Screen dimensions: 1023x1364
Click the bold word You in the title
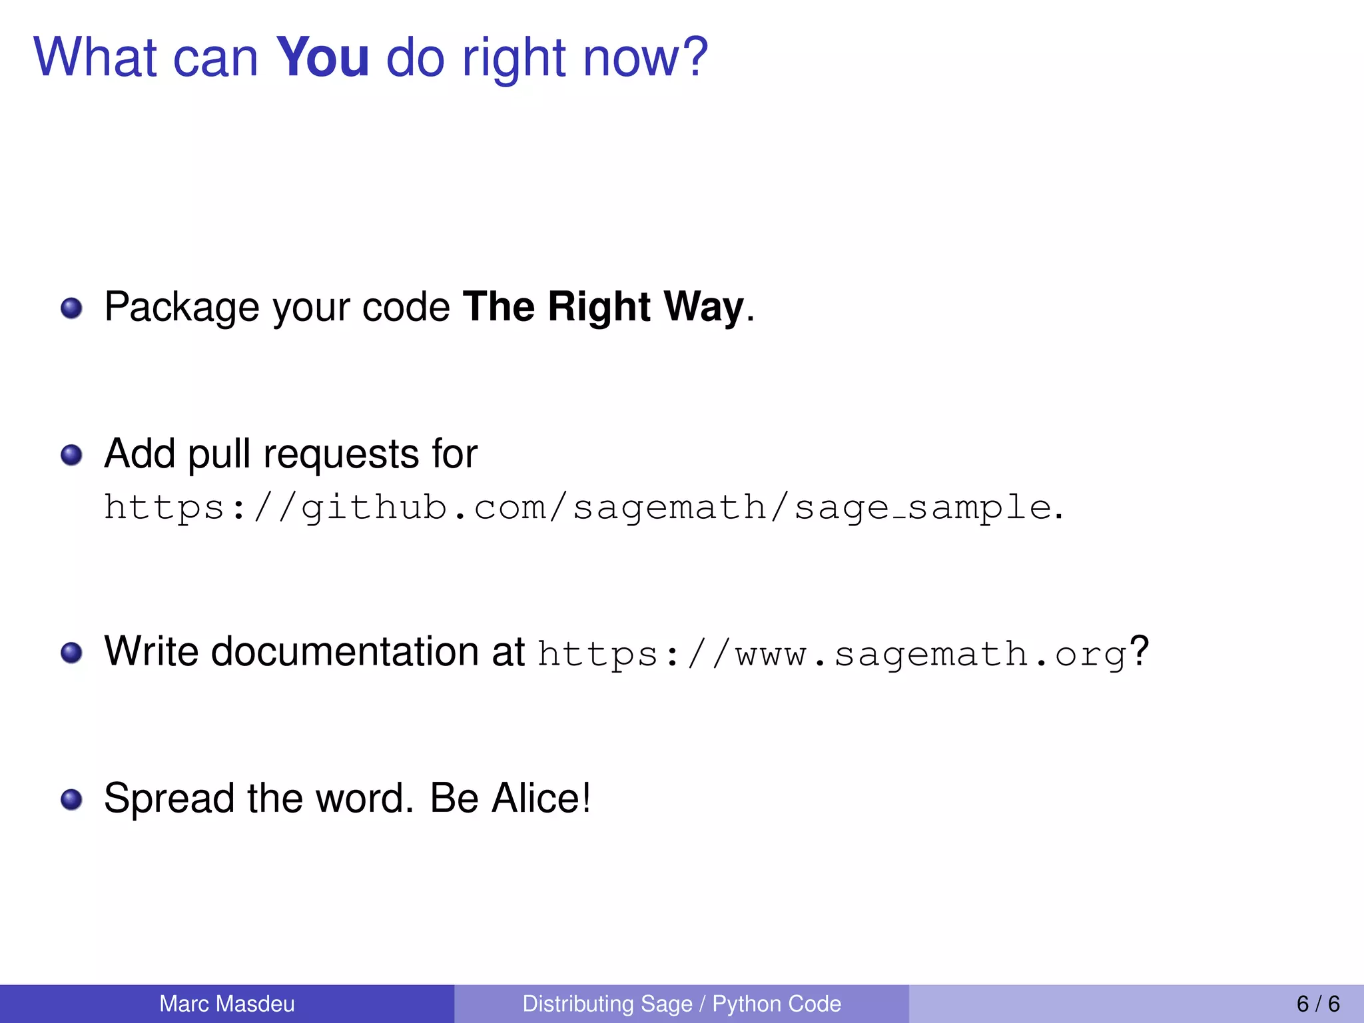tap(322, 57)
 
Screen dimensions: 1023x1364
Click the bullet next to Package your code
tap(71, 308)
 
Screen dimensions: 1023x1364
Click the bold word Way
tap(703, 308)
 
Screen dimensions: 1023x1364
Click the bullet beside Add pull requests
tap(71, 456)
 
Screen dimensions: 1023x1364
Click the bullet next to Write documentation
tap(71, 653)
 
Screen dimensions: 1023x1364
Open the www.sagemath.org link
tap(832, 654)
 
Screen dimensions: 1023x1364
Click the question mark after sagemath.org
tap(1140, 651)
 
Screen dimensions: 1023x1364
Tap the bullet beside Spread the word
tap(71, 799)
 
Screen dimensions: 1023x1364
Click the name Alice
tap(540, 798)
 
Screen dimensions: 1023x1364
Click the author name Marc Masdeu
tap(227, 1004)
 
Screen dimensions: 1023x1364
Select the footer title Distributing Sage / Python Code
tap(681, 1004)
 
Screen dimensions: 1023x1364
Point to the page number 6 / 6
tap(1318, 1004)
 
